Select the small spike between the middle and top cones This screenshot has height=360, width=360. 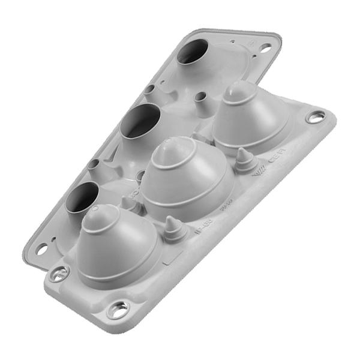[243, 155]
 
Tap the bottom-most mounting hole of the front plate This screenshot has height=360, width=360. [118, 310]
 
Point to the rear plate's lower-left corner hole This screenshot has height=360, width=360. [41, 248]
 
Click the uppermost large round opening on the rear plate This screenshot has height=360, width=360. [193, 52]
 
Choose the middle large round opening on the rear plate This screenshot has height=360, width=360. [139, 121]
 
